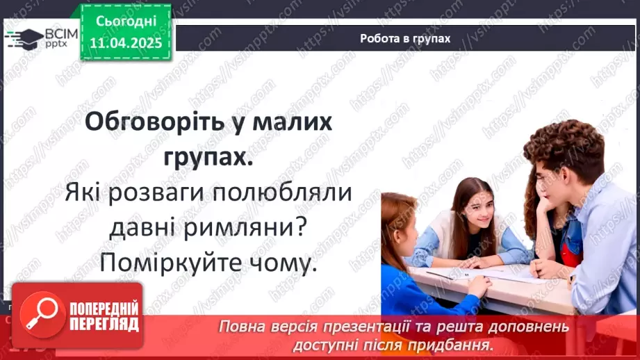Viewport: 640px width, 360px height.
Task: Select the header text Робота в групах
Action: tap(405, 39)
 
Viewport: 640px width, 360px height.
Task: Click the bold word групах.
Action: tap(208, 158)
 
